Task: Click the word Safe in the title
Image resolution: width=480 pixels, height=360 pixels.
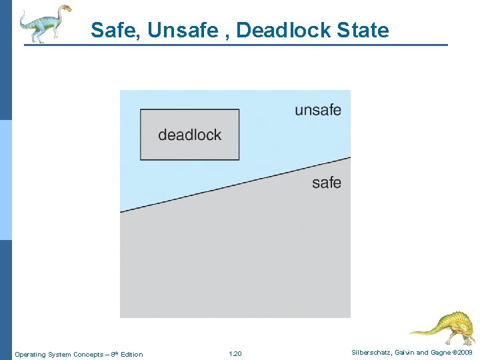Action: (x=109, y=31)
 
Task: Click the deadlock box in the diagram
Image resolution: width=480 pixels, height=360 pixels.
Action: (x=189, y=135)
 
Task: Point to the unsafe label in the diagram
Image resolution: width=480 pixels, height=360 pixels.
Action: (x=317, y=110)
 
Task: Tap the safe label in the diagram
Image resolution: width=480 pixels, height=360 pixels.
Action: (x=326, y=183)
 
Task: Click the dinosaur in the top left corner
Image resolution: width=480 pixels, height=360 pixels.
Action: (x=44, y=23)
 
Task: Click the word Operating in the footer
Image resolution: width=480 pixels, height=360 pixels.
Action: (x=30, y=354)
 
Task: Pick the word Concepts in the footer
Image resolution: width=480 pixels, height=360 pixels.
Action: (x=87, y=354)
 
